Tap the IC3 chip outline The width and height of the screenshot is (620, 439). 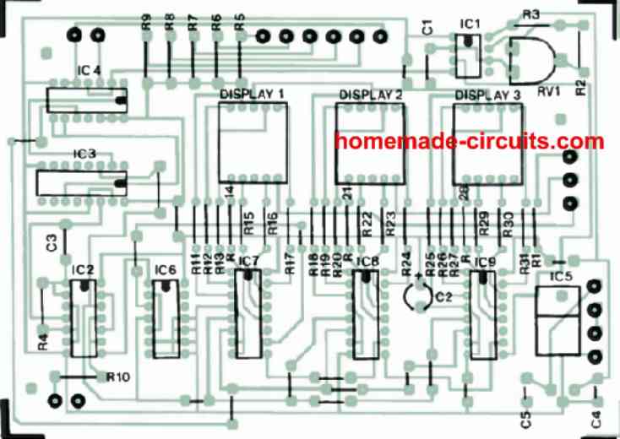(81, 182)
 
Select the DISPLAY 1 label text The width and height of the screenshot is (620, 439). (252, 94)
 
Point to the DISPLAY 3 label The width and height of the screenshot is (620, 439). (487, 95)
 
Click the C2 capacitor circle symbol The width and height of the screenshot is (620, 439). (416, 297)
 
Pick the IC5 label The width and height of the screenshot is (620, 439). (560, 278)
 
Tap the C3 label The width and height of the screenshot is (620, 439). (51, 243)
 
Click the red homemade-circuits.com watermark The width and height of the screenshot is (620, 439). (469, 141)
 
